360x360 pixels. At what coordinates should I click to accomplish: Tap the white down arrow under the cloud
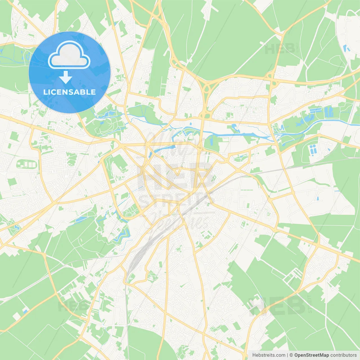tap(66, 77)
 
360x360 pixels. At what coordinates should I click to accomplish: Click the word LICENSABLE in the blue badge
tap(69, 92)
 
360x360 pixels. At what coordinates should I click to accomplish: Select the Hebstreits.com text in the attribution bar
tap(269, 355)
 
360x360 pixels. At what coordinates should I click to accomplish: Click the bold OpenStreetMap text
tap(311, 355)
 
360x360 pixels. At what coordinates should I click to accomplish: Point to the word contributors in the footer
tap(343, 355)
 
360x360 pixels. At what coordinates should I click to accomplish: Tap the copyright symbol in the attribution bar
tap(291, 355)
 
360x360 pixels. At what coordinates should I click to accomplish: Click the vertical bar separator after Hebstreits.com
tap(287, 355)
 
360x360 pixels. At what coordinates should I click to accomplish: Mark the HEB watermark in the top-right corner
tap(280, 49)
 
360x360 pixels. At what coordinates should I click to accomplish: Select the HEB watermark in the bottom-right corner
tap(277, 306)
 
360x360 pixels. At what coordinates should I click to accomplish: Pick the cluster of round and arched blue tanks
tap(312, 150)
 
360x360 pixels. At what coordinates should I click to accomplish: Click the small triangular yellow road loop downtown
tap(177, 171)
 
